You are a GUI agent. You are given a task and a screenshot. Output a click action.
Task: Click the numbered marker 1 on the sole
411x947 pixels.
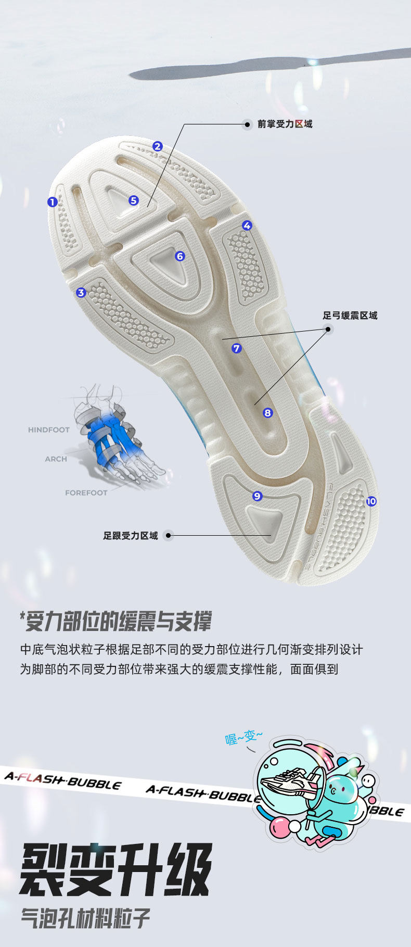coord(52,201)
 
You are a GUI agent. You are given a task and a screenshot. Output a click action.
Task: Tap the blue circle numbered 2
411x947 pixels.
coord(158,146)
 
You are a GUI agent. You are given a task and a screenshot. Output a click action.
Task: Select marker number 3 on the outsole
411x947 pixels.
coord(81,293)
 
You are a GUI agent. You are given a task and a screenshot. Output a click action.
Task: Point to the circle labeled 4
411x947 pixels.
coord(247,225)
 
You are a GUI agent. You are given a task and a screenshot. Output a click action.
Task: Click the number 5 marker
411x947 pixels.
coord(134,200)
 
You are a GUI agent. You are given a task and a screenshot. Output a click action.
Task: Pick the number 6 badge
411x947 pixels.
coord(180,256)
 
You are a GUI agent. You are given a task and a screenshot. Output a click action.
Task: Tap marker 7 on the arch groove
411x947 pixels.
coord(237,348)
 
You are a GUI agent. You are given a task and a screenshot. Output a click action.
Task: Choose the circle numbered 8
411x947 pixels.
coord(268,413)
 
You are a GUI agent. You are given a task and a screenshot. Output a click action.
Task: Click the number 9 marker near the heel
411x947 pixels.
coord(257,496)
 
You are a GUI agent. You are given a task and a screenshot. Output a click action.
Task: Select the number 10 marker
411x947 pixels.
coord(371,501)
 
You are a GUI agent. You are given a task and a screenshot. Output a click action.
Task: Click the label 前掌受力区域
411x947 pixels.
coord(285,124)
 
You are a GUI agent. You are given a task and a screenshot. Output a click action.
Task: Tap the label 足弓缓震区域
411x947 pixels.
coord(350,315)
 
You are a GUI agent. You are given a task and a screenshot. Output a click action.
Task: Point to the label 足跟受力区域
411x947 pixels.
coord(130,536)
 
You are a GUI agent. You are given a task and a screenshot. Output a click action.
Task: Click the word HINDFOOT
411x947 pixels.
coord(48,430)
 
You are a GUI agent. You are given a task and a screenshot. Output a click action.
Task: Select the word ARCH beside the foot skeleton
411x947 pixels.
coord(56,459)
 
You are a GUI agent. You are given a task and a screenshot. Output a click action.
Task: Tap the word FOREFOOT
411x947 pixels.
coord(86,493)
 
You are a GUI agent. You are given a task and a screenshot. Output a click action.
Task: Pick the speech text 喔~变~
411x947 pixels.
coord(243,737)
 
